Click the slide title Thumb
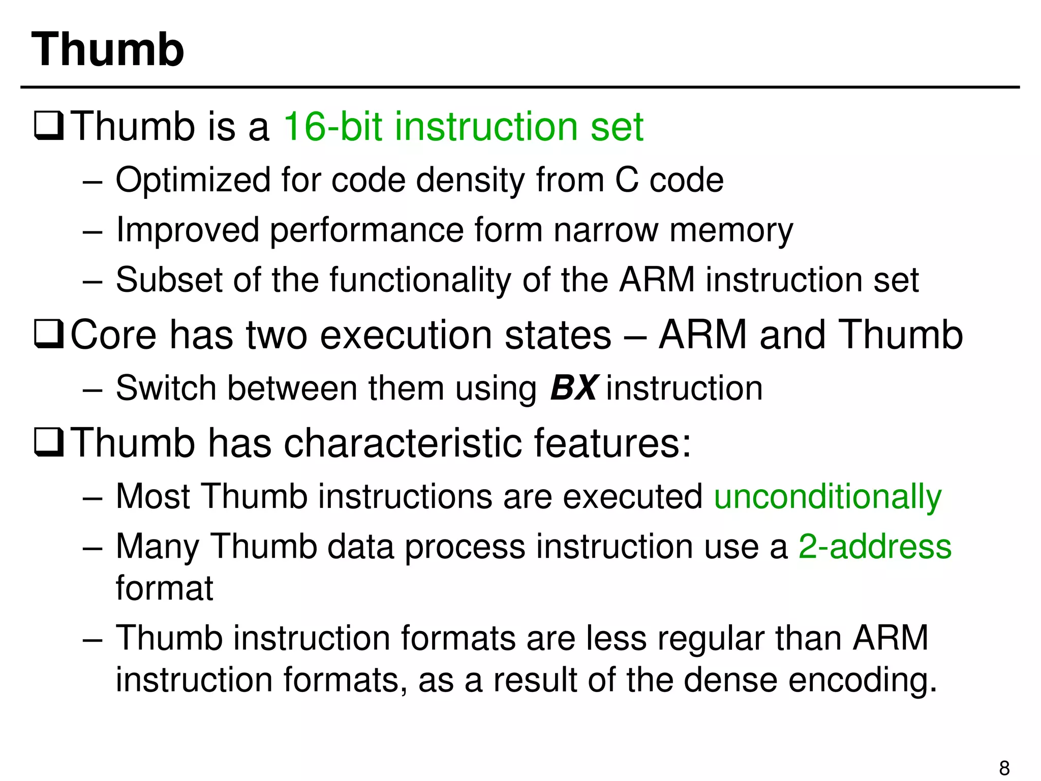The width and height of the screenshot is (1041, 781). pyautogui.click(x=107, y=49)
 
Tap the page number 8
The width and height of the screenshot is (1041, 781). pyautogui.click(x=1004, y=767)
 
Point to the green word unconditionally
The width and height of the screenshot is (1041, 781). pyautogui.click(x=828, y=496)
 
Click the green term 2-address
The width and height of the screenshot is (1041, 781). pyautogui.click(x=875, y=546)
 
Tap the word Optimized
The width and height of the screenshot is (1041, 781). pyautogui.click(x=193, y=180)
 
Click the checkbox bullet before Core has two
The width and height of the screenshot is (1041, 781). pyautogui.click(x=49, y=335)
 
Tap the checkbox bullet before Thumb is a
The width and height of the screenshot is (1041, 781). pyautogui.click(x=49, y=127)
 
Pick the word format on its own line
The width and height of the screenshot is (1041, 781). pyautogui.click(x=164, y=588)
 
